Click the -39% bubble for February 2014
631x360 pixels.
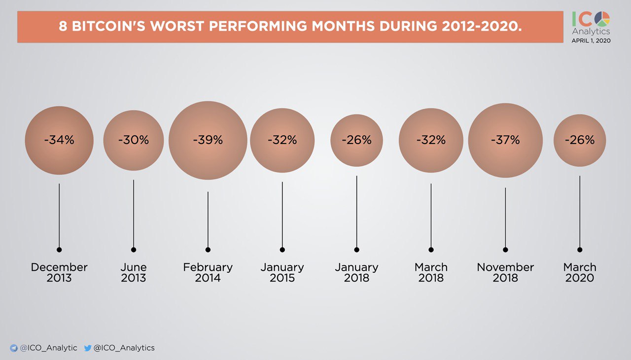[x=208, y=141]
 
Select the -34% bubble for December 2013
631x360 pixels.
[x=59, y=141]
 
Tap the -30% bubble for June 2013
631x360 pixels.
[x=133, y=141]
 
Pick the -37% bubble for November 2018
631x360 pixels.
[x=505, y=141]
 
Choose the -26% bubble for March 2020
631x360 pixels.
[x=580, y=141]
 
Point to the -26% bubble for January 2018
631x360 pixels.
[x=356, y=141]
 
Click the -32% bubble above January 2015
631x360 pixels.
[x=282, y=141]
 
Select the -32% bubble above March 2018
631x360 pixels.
[x=431, y=141]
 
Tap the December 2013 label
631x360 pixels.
[x=59, y=273]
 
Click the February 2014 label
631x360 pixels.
[x=208, y=273]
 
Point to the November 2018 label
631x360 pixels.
[x=505, y=273]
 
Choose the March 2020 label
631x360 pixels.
[x=580, y=273]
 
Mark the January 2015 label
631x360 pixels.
[x=282, y=273]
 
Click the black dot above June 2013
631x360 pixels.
[x=134, y=250]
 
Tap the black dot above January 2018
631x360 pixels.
[x=356, y=250]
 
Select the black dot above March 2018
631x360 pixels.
[x=431, y=250]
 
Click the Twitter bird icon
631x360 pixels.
[x=88, y=348]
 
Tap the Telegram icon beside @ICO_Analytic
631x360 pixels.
[x=14, y=348]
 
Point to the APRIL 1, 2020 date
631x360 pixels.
[x=591, y=40]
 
